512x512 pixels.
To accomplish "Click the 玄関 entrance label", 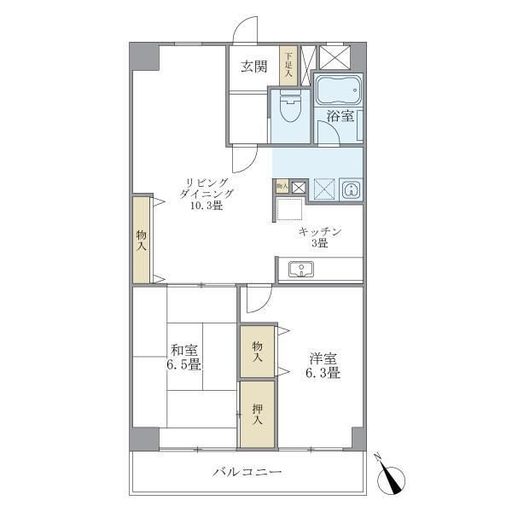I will [253, 67].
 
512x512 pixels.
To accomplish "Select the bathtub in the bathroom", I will [339, 88].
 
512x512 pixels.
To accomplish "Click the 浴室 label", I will [341, 117].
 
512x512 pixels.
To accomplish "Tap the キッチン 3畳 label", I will [320, 236].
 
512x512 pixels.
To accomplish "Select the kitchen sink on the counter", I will [300, 270].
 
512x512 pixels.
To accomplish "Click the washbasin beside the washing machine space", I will [349, 189].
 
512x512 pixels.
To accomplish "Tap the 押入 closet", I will [257, 415].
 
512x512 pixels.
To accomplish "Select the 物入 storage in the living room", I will [142, 240].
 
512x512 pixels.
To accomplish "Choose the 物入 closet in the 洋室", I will [257, 351].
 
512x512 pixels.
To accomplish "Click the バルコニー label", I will [247, 472].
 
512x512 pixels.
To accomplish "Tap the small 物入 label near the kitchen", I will [282, 185].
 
